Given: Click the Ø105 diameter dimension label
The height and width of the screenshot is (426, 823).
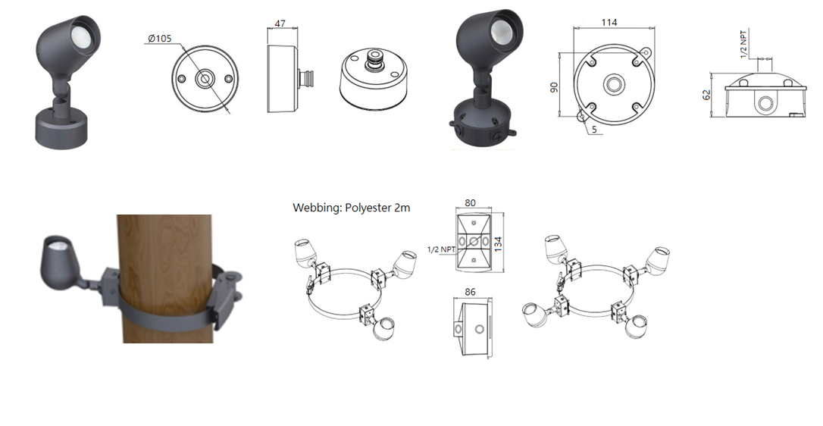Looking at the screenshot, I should [x=159, y=39].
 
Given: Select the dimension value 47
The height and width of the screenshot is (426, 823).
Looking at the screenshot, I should [x=280, y=23].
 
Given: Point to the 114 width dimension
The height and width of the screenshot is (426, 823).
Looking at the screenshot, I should [x=609, y=22].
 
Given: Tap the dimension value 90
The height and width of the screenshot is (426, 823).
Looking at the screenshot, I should [x=553, y=86].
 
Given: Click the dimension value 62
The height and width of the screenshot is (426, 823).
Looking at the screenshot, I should [x=707, y=96].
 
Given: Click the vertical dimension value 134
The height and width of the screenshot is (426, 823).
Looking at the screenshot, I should [x=499, y=243].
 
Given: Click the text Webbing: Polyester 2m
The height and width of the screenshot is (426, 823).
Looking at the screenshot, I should [x=351, y=207].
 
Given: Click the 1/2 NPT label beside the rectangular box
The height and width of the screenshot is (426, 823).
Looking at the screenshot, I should [x=441, y=249].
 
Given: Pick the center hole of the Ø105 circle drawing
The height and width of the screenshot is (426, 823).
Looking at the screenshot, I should [x=204, y=79].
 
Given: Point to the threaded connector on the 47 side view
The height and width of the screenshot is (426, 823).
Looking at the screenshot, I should [x=307, y=79].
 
